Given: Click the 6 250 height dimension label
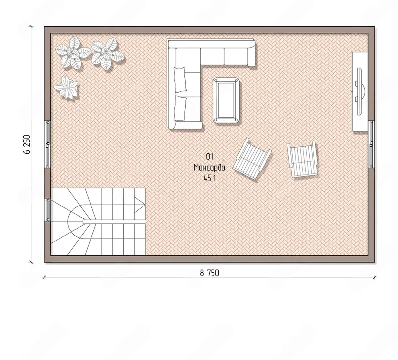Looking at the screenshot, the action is [27, 144].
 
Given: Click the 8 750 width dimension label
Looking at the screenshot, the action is [210, 273].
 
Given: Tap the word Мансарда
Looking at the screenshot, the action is [210, 168].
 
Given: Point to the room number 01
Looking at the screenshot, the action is [210, 157].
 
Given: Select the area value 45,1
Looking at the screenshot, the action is [210, 179].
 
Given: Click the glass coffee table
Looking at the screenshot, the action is [226, 101].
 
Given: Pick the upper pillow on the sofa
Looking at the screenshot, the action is [180, 80].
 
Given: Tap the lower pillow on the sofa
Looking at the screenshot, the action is [180, 109].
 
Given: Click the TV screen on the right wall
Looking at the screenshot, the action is [360, 91].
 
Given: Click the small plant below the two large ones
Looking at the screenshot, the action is [66, 88].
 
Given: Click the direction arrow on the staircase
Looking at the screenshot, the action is [139, 205].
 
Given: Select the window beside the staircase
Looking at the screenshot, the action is [48, 210].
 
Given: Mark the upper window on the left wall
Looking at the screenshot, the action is [48, 144].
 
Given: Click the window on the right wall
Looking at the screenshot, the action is [371, 144].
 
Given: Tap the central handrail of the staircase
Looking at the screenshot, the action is [114, 222].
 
